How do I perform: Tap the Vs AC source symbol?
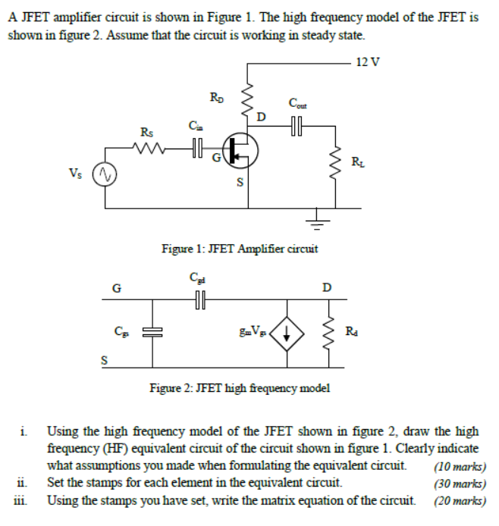click(104, 176)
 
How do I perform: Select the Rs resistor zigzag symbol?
click(149, 149)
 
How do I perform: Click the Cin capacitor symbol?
click(198, 149)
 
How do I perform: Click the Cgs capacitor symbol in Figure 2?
click(152, 331)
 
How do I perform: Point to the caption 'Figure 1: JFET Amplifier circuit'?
click(240, 248)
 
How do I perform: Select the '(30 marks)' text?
click(460, 482)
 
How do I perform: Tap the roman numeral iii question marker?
click(21, 499)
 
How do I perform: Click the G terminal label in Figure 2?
click(116, 287)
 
